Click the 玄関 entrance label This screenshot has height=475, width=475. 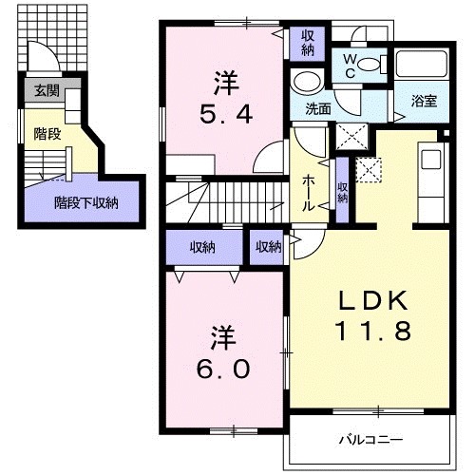click(45, 91)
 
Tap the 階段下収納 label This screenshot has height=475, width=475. click(85, 201)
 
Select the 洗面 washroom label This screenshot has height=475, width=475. click(318, 107)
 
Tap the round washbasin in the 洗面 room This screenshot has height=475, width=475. click(307, 80)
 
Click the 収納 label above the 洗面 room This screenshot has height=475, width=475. click(308, 42)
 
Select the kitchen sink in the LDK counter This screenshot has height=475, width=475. click(430, 157)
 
